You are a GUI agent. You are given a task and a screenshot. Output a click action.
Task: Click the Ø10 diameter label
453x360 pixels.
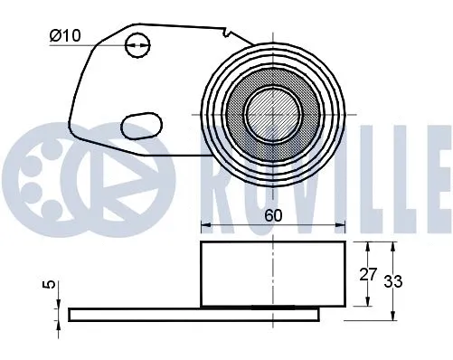(66, 37)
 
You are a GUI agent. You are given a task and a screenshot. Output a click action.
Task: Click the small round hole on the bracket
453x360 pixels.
(138, 42)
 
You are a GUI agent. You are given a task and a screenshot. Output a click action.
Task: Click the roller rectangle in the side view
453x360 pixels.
(272, 273)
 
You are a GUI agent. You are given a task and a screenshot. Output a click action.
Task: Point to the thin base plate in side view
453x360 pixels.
(194, 313)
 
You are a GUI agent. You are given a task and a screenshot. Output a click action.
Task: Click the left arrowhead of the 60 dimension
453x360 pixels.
(203, 223)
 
